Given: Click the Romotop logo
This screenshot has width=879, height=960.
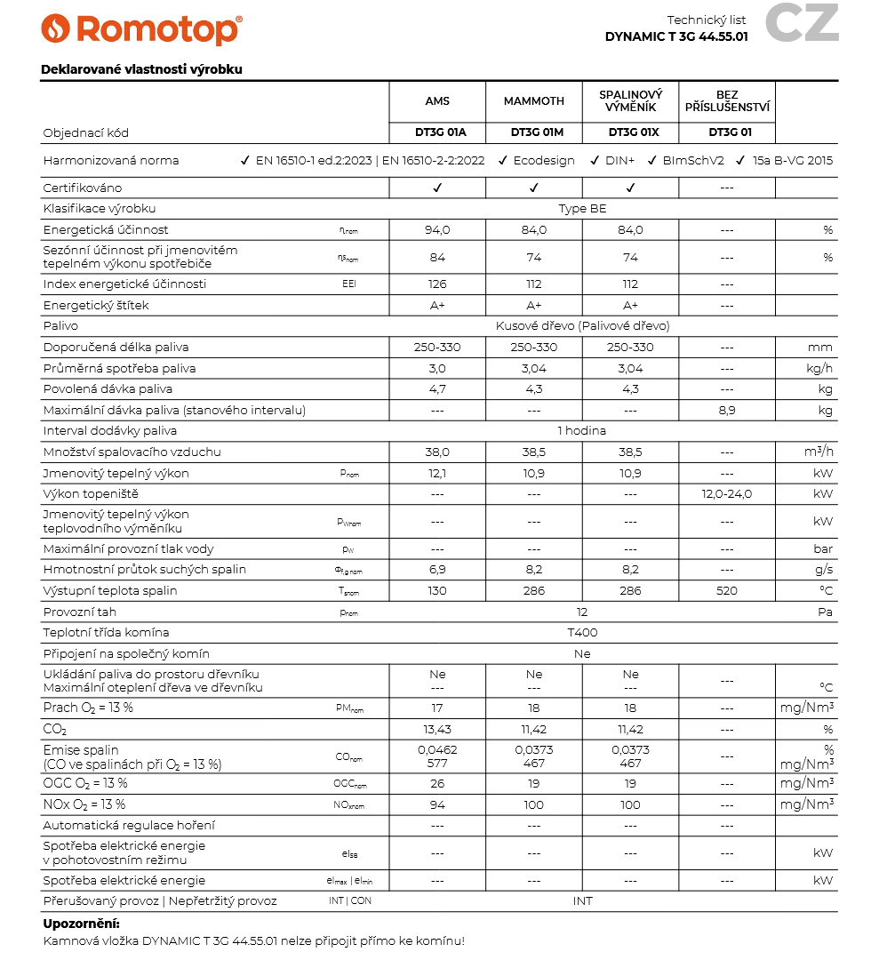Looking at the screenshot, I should pyautogui.click(x=141, y=28).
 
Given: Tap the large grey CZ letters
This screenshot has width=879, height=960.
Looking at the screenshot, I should pyautogui.click(x=802, y=23).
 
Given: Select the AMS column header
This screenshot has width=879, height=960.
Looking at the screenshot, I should pyautogui.click(x=437, y=101).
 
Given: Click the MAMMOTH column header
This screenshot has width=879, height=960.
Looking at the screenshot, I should pyautogui.click(x=533, y=101).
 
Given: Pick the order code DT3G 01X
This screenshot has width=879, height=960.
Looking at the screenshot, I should pyautogui.click(x=630, y=133).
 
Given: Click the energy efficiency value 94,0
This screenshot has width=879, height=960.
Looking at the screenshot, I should pyautogui.click(x=437, y=230).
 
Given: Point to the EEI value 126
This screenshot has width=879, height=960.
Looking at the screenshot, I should pyautogui.click(x=437, y=284).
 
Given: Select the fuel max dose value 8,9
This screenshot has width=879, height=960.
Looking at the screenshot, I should pyautogui.click(x=727, y=411).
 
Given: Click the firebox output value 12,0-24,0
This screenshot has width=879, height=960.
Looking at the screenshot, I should pyautogui.click(x=727, y=494).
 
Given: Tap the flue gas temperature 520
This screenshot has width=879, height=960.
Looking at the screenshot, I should pyautogui.click(x=727, y=591).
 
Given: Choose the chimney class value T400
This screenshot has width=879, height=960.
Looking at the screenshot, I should pyautogui.click(x=582, y=633).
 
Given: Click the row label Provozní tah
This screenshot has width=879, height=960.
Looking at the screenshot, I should pyautogui.click(x=80, y=612).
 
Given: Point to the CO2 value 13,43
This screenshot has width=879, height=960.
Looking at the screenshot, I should pyautogui.click(x=437, y=730).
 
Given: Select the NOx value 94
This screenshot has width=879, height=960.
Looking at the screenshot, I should pyautogui.click(x=437, y=805).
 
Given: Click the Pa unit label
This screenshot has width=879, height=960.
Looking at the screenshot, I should pyautogui.click(x=825, y=612).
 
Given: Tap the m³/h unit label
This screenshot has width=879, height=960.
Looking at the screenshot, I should pyautogui.click(x=819, y=452).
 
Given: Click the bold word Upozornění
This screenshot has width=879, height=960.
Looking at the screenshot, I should pyautogui.click(x=81, y=924).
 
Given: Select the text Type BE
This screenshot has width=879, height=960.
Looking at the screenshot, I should pyautogui.click(x=582, y=209).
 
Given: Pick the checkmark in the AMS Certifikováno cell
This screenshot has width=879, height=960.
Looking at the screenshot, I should pyautogui.click(x=437, y=188).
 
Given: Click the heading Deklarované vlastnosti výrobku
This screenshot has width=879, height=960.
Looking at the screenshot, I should pyautogui.click(x=141, y=69).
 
